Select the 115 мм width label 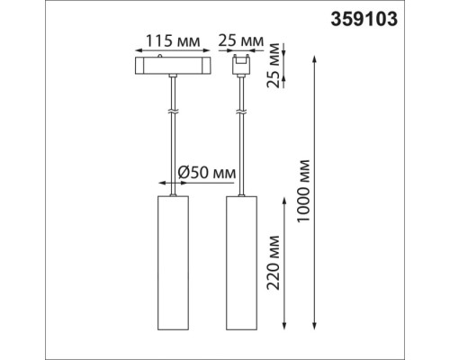[x=171, y=40]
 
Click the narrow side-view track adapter [x=240, y=66]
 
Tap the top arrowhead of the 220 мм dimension [x=285, y=195]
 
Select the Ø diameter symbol [x=183, y=172]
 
